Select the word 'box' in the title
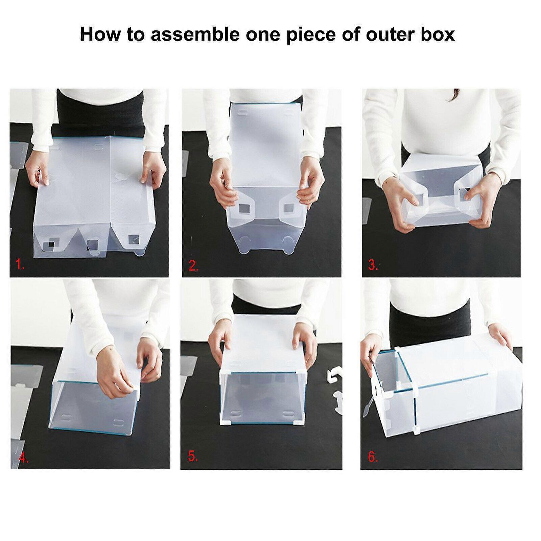(438, 34)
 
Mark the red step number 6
(373, 457)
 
